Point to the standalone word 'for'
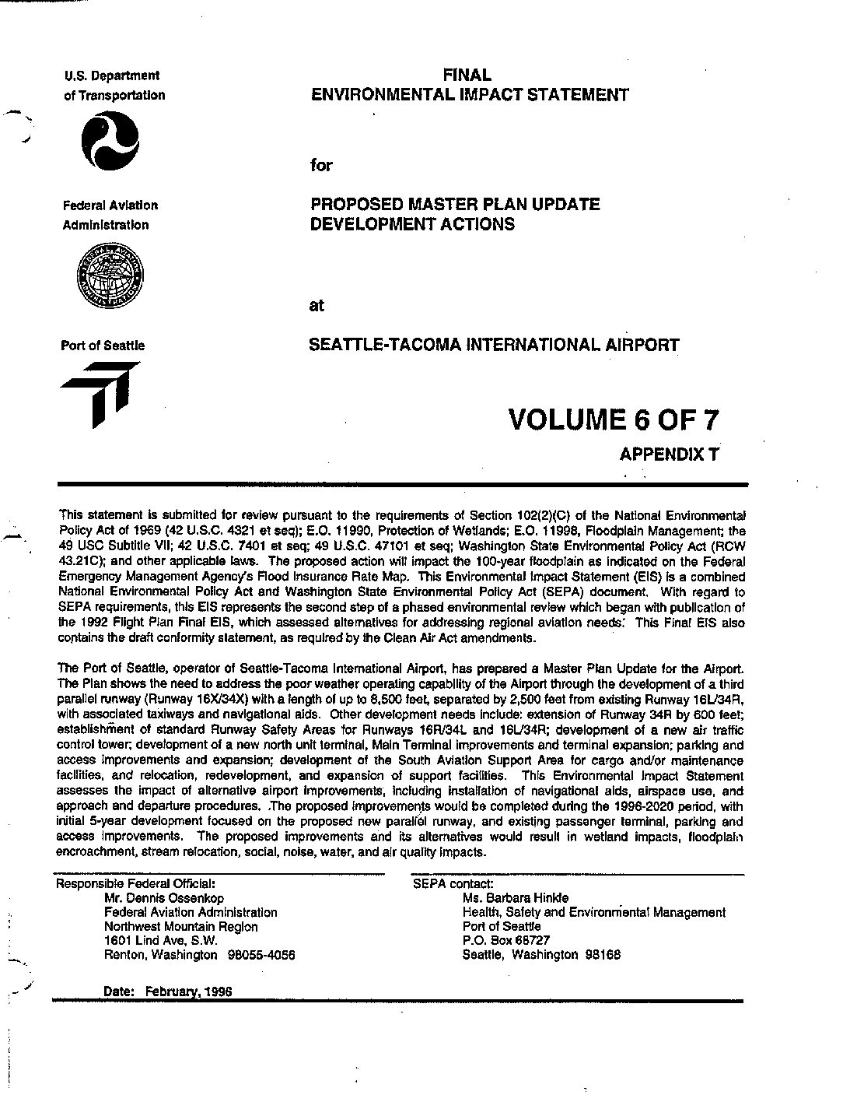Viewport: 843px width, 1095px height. (x=321, y=165)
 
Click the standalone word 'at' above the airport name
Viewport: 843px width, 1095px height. (x=317, y=306)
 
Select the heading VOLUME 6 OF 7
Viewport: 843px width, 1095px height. (x=613, y=419)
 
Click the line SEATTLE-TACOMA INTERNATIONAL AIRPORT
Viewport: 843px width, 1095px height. (x=494, y=345)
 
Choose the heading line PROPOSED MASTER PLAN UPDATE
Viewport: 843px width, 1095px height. (x=455, y=205)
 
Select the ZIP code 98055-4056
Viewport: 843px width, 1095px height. (x=261, y=955)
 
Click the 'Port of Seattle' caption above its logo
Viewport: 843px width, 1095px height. (x=103, y=346)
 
